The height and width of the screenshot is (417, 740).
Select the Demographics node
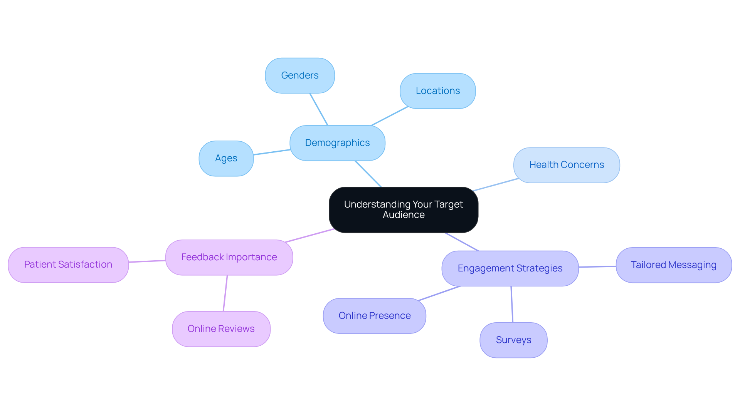[337, 143]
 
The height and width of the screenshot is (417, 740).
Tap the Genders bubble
[300, 75]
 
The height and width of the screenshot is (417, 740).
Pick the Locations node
[437, 91]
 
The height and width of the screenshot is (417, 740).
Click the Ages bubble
[226, 158]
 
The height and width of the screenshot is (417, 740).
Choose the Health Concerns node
[566, 165]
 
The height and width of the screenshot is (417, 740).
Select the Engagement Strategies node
[510, 268]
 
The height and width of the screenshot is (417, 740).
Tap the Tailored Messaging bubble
[673, 265]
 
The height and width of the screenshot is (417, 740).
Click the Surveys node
[513, 340]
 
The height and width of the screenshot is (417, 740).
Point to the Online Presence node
[374, 316]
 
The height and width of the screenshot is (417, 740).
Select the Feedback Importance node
[229, 257]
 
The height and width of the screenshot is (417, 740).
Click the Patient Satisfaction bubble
[68, 265]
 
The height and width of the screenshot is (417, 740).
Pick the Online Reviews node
[221, 329]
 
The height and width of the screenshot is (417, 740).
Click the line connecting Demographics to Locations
[389, 116]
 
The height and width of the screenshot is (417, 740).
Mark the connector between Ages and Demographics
[272, 152]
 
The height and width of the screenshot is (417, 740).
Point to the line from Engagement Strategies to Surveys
[512, 304]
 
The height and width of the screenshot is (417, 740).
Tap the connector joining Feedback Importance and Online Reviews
[225, 293]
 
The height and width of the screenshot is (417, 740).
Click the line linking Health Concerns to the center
[496, 184]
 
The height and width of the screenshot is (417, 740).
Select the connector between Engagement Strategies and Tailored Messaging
[597, 266]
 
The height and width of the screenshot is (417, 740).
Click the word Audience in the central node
[404, 215]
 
